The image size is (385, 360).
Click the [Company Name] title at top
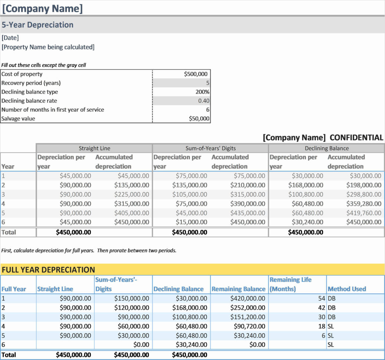point(42,8)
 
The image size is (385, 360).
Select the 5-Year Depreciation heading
point(37,25)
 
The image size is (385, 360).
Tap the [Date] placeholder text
point(10,37)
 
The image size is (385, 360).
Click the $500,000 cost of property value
point(196,74)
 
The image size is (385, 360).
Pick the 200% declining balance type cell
point(202,92)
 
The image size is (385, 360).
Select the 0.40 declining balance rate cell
point(204,101)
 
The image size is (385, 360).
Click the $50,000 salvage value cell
point(199,119)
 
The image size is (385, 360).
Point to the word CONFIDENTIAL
point(356,138)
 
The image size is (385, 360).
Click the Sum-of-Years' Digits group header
point(210,148)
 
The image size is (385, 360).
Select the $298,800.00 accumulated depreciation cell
point(363,194)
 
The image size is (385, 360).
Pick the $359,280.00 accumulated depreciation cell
point(363,203)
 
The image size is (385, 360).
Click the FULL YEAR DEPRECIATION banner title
point(48,270)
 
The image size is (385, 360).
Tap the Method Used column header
point(347,289)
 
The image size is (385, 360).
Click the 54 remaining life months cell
point(321,298)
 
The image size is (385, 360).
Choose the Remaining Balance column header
point(238,289)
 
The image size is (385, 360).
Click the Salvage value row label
point(19,119)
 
